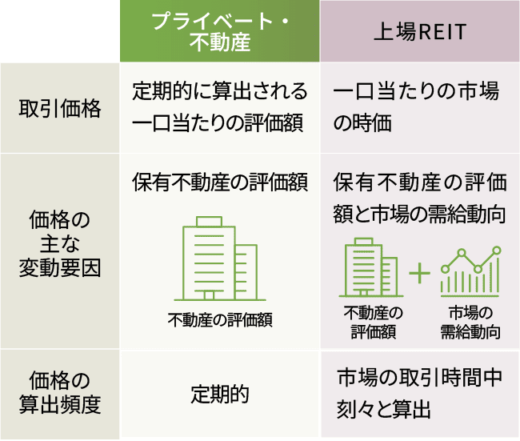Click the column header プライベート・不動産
[x=219, y=30]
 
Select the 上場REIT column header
[x=420, y=30]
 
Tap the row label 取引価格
[x=60, y=110]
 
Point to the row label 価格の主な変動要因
[x=60, y=244]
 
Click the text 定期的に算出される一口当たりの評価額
[x=219, y=108]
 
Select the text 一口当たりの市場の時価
[x=415, y=108]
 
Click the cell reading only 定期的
[x=219, y=394]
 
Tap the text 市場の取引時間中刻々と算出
[x=419, y=394]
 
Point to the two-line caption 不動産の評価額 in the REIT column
[x=371, y=322]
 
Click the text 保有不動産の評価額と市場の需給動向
[x=419, y=198]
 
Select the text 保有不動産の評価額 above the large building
[x=219, y=182]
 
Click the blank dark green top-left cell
[x=60, y=30]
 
